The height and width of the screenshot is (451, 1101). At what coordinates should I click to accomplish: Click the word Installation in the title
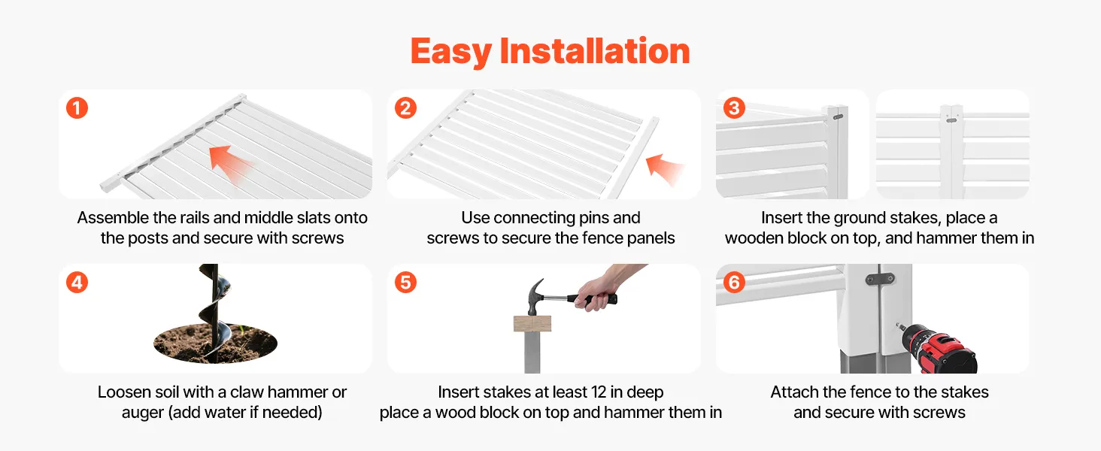(x=595, y=50)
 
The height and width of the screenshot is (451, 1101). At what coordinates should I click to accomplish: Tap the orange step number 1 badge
(x=77, y=108)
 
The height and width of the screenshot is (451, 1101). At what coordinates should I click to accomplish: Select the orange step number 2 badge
(x=405, y=108)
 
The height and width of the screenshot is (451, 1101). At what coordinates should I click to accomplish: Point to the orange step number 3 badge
(x=734, y=108)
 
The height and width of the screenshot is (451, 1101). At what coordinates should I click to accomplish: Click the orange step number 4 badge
(x=77, y=283)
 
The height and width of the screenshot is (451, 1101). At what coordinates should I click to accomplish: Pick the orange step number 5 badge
(x=405, y=283)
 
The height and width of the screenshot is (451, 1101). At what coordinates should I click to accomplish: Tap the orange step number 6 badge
(x=734, y=283)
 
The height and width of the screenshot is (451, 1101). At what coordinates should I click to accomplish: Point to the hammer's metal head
(x=534, y=297)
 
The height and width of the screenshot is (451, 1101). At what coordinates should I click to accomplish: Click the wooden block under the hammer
(x=532, y=324)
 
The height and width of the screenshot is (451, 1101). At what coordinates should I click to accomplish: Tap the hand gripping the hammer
(x=597, y=292)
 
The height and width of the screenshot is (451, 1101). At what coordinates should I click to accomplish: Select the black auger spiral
(x=215, y=310)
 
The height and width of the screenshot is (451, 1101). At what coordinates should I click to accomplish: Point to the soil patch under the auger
(x=215, y=344)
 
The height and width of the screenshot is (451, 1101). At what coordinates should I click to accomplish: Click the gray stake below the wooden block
(x=532, y=353)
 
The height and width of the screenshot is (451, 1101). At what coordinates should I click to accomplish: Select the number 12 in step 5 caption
(x=599, y=392)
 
